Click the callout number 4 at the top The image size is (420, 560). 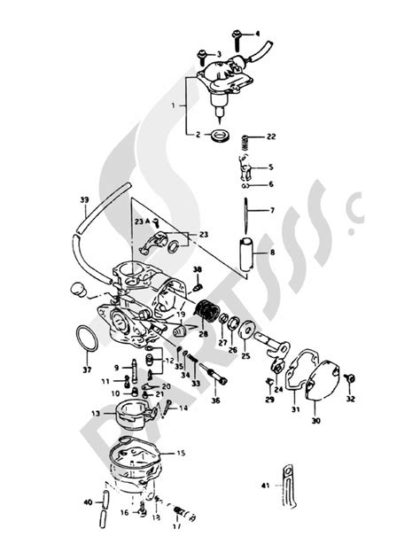click(x=258, y=34)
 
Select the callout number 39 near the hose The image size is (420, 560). click(x=84, y=200)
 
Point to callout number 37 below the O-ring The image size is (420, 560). click(x=86, y=369)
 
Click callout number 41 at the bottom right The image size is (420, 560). click(x=265, y=485)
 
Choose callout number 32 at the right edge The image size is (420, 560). click(x=350, y=400)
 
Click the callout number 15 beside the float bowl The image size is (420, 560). click(x=181, y=454)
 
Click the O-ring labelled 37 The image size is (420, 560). click(x=86, y=339)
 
